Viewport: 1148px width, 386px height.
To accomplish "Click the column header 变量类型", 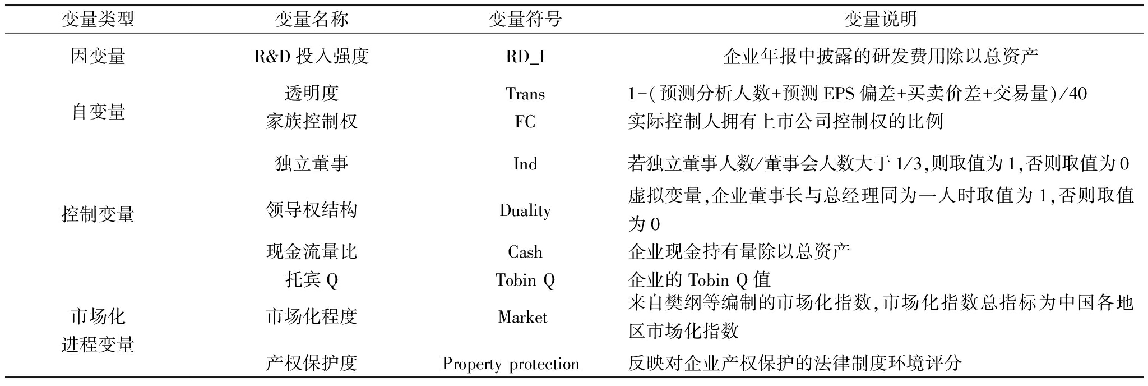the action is tap(98, 20).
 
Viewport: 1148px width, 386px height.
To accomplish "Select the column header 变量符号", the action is tap(525, 20).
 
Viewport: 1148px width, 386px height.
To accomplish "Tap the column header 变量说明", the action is tap(881, 20).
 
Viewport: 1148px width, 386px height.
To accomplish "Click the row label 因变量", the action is tap(98, 56).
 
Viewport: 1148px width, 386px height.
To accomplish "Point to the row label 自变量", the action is tap(98, 112).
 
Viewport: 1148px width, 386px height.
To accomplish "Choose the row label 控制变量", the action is tap(98, 214).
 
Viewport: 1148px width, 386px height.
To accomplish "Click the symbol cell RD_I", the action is tap(525, 57).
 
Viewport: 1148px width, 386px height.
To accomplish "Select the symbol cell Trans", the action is tap(525, 93).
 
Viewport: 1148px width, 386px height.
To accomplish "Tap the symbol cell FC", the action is tap(525, 121).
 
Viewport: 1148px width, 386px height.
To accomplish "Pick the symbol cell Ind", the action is tap(525, 163).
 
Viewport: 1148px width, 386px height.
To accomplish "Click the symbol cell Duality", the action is tap(525, 210).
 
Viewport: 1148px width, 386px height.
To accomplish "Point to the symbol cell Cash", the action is tap(525, 252).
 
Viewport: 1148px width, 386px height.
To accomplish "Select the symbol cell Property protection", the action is tap(511, 364).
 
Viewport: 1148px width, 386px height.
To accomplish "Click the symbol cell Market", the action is tap(522, 317).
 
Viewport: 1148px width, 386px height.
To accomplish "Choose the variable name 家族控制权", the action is tap(311, 121).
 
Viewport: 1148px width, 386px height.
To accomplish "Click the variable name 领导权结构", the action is tap(311, 210).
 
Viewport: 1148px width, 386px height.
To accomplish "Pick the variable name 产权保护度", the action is tap(311, 363).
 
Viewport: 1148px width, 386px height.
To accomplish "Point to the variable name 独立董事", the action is tap(311, 163).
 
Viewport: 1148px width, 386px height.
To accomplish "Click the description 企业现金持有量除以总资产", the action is tap(739, 251).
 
